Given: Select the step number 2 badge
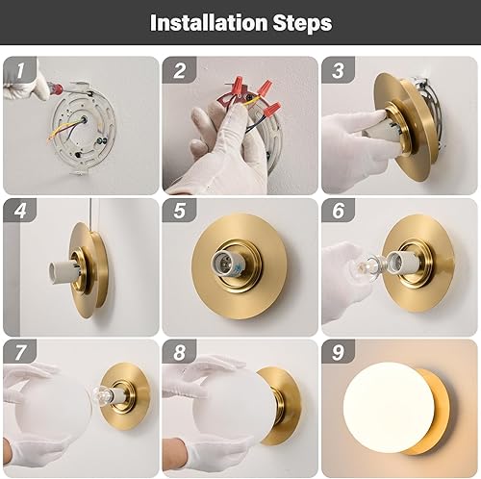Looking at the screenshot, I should click(178, 70).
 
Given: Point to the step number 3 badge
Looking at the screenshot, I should click(337, 70).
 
